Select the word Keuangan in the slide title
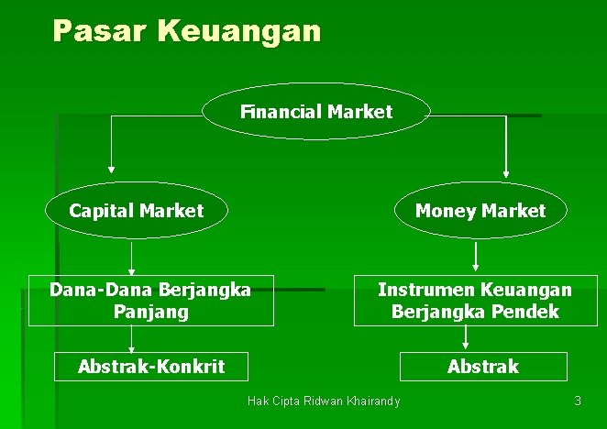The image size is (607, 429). click(239, 31)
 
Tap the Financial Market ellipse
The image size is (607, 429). click(316, 112)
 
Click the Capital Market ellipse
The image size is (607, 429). click(137, 211)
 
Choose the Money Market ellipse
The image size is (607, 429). click(480, 211)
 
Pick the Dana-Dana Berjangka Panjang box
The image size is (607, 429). click(150, 301)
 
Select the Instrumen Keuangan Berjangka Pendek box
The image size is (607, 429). click(475, 301)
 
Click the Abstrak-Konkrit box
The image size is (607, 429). click(151, 367)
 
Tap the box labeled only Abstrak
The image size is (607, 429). click(483, 367)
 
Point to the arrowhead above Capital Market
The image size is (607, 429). click(111, 169)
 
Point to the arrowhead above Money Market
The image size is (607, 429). click(506, 170)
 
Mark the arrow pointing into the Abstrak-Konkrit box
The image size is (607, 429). click(132, 343)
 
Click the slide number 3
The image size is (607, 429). click(578, 401)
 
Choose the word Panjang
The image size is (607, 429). click(151, 312)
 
